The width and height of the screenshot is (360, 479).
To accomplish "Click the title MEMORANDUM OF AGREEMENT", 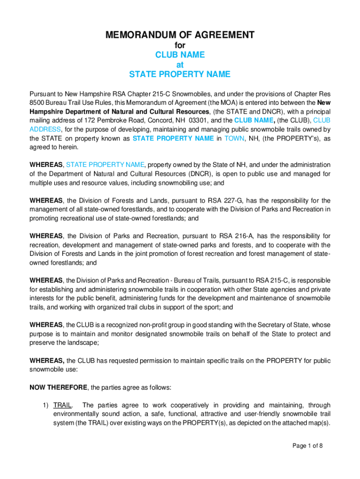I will click(x=180, y=35).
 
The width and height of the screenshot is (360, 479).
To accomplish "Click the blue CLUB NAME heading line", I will click(x=180, y=55).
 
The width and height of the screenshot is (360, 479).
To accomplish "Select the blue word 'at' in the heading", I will click(x=180, y=65).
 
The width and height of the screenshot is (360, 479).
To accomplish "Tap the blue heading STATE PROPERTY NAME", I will click(x=180, y=74).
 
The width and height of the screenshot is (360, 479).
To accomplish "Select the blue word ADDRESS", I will click(x=45, y=129).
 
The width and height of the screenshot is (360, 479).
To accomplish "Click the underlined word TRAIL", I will click(x=62, y=405).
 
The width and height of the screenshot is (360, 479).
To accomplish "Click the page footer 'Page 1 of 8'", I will click(x=308, y=446).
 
